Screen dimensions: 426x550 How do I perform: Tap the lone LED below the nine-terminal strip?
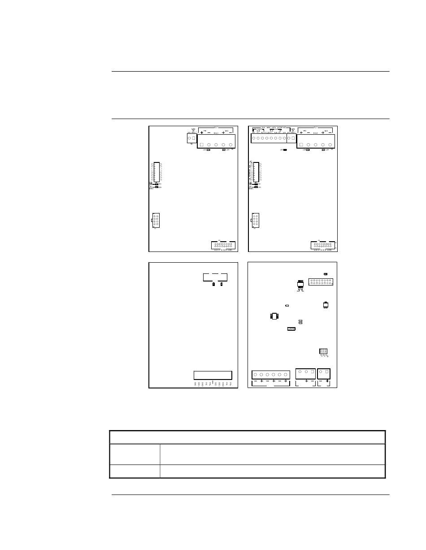pos(285,150)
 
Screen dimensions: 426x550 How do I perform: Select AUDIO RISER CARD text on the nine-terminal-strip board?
pos(323,251)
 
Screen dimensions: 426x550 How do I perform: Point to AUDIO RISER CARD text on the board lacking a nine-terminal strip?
pos(223,251)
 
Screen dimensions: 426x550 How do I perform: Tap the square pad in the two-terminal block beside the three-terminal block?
pos(327,372)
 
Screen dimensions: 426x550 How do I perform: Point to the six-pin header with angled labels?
pos(324,351)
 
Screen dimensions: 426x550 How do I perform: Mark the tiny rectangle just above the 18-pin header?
pos(325,273)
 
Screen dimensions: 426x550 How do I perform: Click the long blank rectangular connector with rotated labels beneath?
pos(213,375)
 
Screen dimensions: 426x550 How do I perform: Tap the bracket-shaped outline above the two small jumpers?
pos(215,276)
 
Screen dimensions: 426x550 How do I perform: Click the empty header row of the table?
pos(248,437)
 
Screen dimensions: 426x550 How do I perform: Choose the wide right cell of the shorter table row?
pos(272,471)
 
